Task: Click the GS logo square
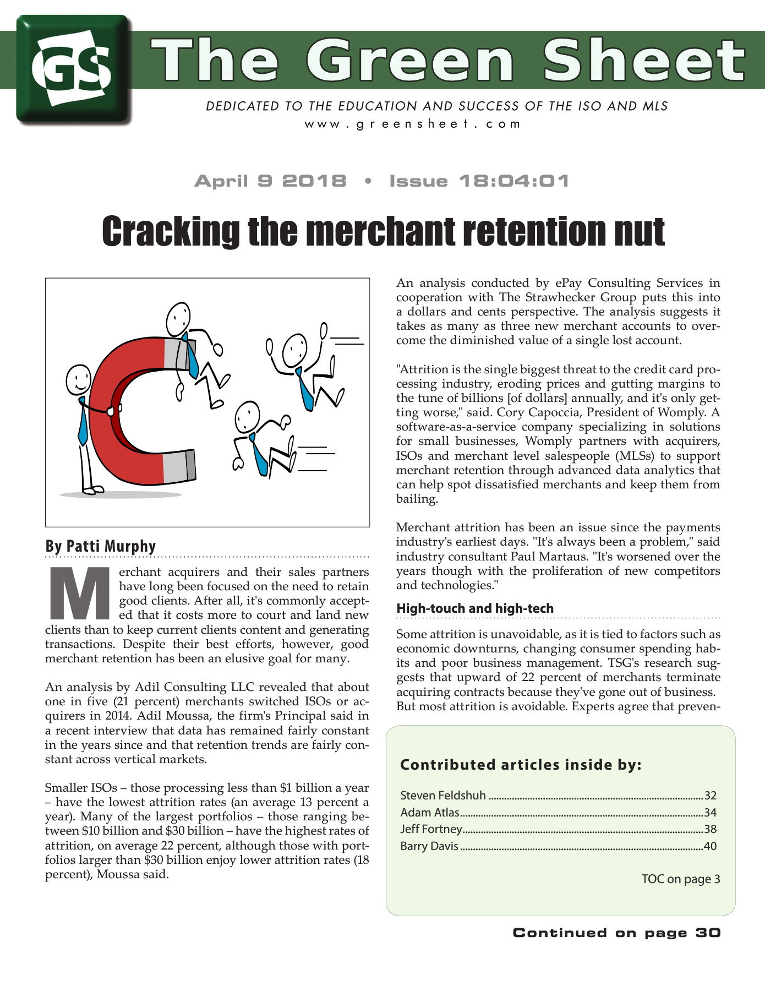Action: (73, 69)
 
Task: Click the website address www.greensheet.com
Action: (412, 123)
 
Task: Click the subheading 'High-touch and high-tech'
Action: (474, 608)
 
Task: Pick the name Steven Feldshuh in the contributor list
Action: (442, 795)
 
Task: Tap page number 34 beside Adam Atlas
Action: (710, 812)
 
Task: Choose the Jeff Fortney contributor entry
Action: (431, 829)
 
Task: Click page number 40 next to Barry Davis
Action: (710, 846)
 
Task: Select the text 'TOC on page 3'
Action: (680, 879)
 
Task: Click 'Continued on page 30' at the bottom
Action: (616, 933)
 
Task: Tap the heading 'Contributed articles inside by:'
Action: (521, 765)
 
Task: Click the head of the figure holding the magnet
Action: (78, 379)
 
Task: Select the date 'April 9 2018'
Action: (270, 181)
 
